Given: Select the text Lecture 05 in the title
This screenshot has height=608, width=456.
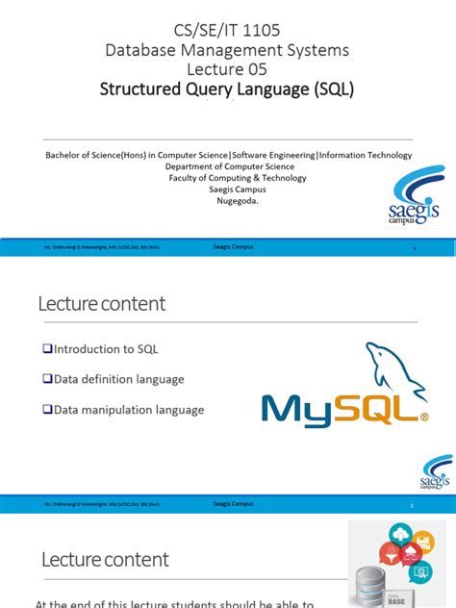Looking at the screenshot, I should point(227,69).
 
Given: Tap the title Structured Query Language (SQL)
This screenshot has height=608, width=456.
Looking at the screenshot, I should point(227,90).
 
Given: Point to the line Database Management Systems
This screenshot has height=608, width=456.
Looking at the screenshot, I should point(227,49).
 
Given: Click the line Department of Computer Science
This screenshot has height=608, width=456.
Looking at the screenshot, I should point(227,165).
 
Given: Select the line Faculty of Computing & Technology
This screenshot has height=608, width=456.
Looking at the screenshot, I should point(227,178).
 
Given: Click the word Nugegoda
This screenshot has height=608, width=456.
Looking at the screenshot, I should point(227,202).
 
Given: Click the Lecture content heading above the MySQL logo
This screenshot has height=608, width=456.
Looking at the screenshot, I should point(102,304).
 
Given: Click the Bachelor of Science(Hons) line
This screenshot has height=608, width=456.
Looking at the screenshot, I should point(227,154).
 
